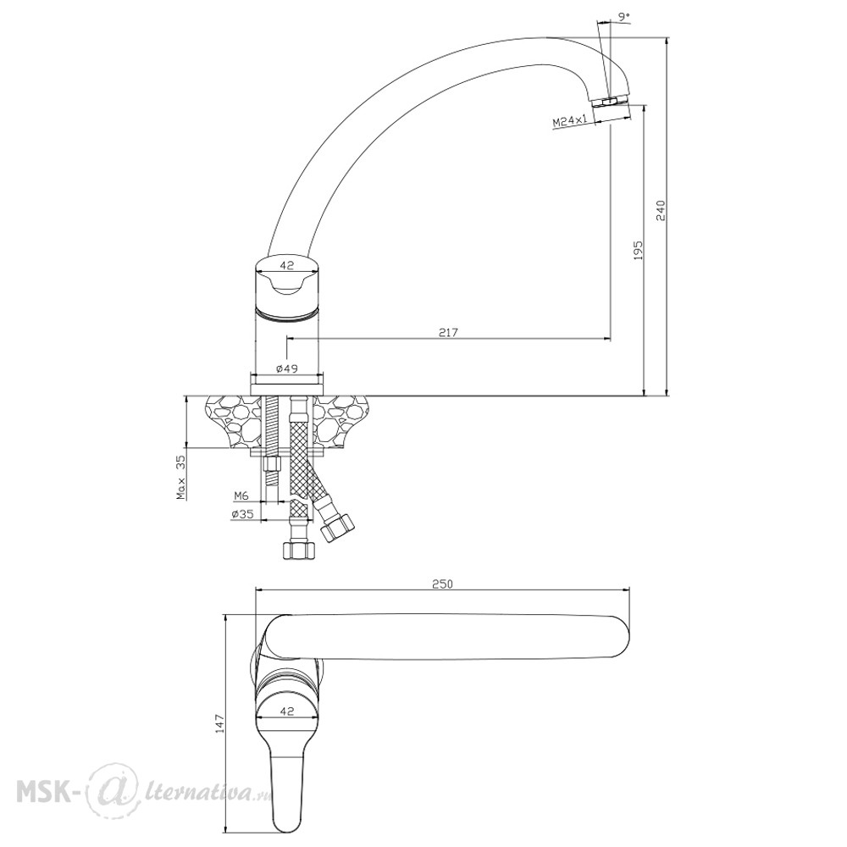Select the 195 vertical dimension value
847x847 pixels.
coord(638,250)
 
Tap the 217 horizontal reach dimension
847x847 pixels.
coord(448,332)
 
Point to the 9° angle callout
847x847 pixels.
coord(624,17)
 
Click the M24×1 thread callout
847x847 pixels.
coord(570,121)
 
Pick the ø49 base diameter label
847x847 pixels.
coord(287,368)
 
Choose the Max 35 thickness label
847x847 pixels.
coord(181,477)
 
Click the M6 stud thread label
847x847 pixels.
coord(241,495)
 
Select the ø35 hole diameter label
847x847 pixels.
coord(242,514)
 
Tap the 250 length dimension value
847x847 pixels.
coord(442,584)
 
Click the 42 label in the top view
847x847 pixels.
coord(287,711)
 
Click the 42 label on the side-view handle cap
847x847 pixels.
coord(287,265)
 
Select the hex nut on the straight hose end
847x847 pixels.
coord(298,551)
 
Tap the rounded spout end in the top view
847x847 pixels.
coord(618,638)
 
